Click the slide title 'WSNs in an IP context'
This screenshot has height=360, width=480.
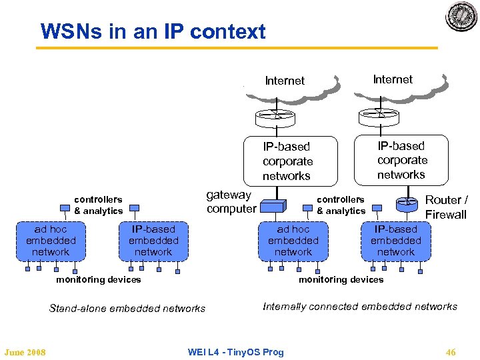click(153, 31)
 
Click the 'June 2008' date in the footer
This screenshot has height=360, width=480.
click(25, 352)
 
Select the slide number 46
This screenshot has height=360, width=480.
click(451, 352)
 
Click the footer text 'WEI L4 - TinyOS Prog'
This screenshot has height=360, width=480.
click(235, 352)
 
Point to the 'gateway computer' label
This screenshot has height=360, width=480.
click(231, 201)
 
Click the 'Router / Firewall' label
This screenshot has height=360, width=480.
click(446, 207)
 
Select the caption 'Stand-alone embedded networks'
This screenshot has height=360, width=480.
click(127, 308)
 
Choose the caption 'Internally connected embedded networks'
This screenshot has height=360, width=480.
click(360, 307)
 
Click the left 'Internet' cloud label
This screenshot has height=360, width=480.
click(285, 81)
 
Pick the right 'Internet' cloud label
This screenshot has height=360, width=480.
click(393, 79)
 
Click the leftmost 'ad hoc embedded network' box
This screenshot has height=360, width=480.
click(51, 241)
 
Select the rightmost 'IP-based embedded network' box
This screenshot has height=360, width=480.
click(395, 241)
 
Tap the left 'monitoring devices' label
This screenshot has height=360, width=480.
click(99, 280)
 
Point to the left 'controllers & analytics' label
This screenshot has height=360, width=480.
click(98, 205)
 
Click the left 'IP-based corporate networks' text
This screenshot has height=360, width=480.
click(287, 161)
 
